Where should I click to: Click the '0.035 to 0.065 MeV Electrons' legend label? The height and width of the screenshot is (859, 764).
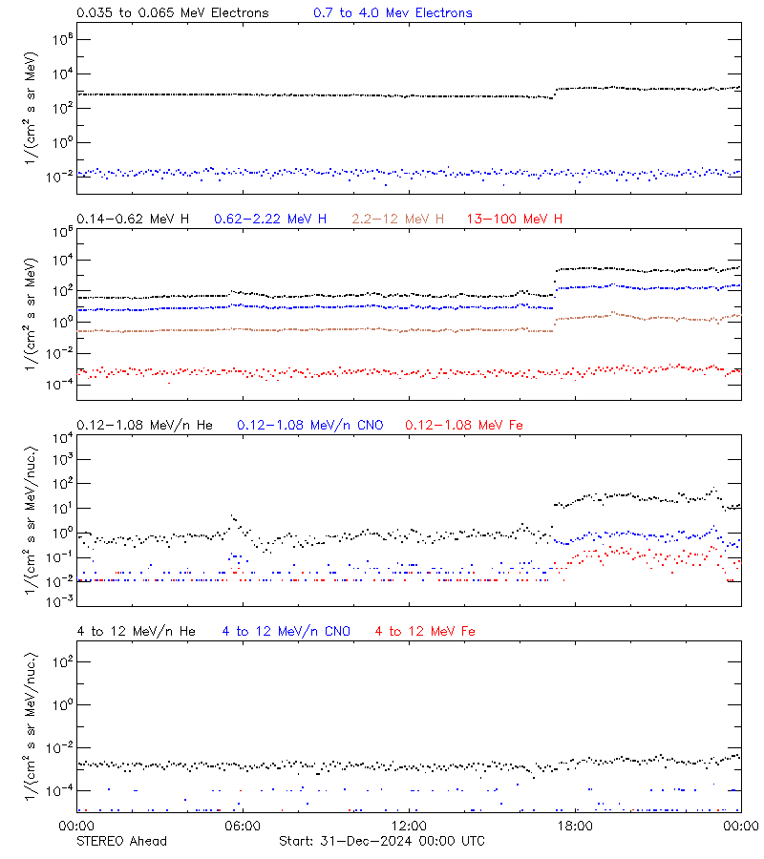click(172, 13)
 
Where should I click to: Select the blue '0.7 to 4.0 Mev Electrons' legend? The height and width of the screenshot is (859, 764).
click(393, 13)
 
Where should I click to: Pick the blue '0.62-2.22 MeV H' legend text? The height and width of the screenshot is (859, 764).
click(270, 220)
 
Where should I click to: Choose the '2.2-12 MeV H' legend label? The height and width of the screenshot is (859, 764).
click(398, 220)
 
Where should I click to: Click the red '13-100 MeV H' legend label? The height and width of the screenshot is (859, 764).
click(515, 220)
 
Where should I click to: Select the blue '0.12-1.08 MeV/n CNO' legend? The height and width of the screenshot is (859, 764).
click(310, 425)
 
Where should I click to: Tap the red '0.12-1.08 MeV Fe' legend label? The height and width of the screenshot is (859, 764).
click(464, 425)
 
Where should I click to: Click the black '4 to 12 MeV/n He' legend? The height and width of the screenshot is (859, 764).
click(136, 631)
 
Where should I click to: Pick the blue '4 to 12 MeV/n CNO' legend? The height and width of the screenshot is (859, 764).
click(286, 631)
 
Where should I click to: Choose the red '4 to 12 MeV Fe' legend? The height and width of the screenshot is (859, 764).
click(426, 631)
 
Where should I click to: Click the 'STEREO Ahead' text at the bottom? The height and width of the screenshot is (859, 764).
click(121, 841)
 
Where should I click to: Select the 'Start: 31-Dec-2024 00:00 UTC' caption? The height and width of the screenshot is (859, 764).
click(381, 841)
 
